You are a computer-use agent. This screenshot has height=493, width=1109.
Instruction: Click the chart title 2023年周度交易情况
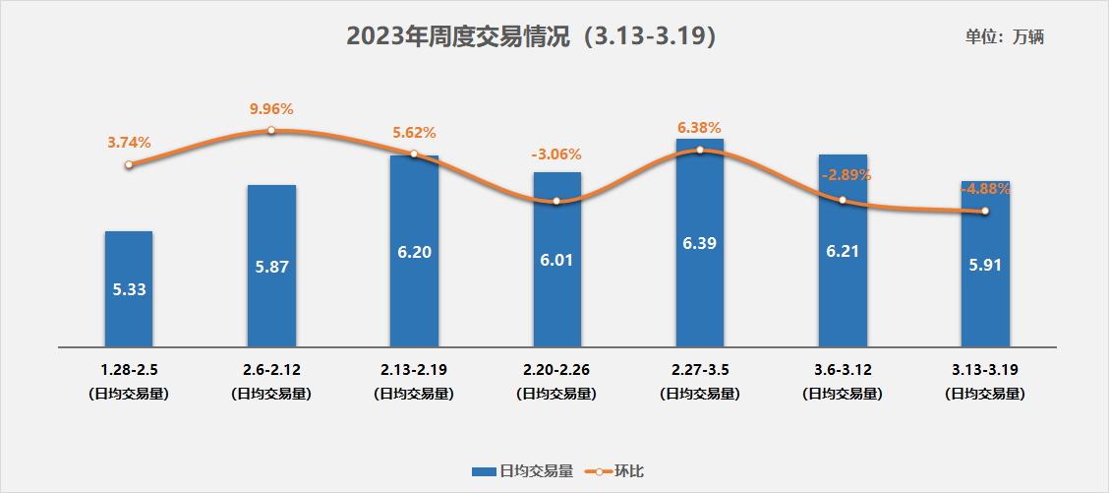click(530, 36)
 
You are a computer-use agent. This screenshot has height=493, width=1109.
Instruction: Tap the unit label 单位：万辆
click(1004, 37)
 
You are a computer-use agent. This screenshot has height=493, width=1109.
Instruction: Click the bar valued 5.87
click(271, 266)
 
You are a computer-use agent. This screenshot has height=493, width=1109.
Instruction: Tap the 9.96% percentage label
click(271, 109)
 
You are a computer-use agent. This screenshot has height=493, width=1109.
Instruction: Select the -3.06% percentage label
click(556, 154)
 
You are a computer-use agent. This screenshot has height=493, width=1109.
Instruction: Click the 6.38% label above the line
click(699, 128)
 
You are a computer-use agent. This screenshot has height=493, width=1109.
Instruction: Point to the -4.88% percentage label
click(985, 189)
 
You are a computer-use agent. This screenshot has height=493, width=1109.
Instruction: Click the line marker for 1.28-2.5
click(129, 164)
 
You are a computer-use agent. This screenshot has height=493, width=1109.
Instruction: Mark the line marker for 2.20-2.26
click(556, 201)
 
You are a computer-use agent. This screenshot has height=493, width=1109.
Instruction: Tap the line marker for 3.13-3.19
click(985, 211)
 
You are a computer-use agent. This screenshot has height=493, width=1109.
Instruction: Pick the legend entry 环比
click(615, 471)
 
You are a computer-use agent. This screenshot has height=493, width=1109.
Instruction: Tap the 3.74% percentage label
click(129, 143)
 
